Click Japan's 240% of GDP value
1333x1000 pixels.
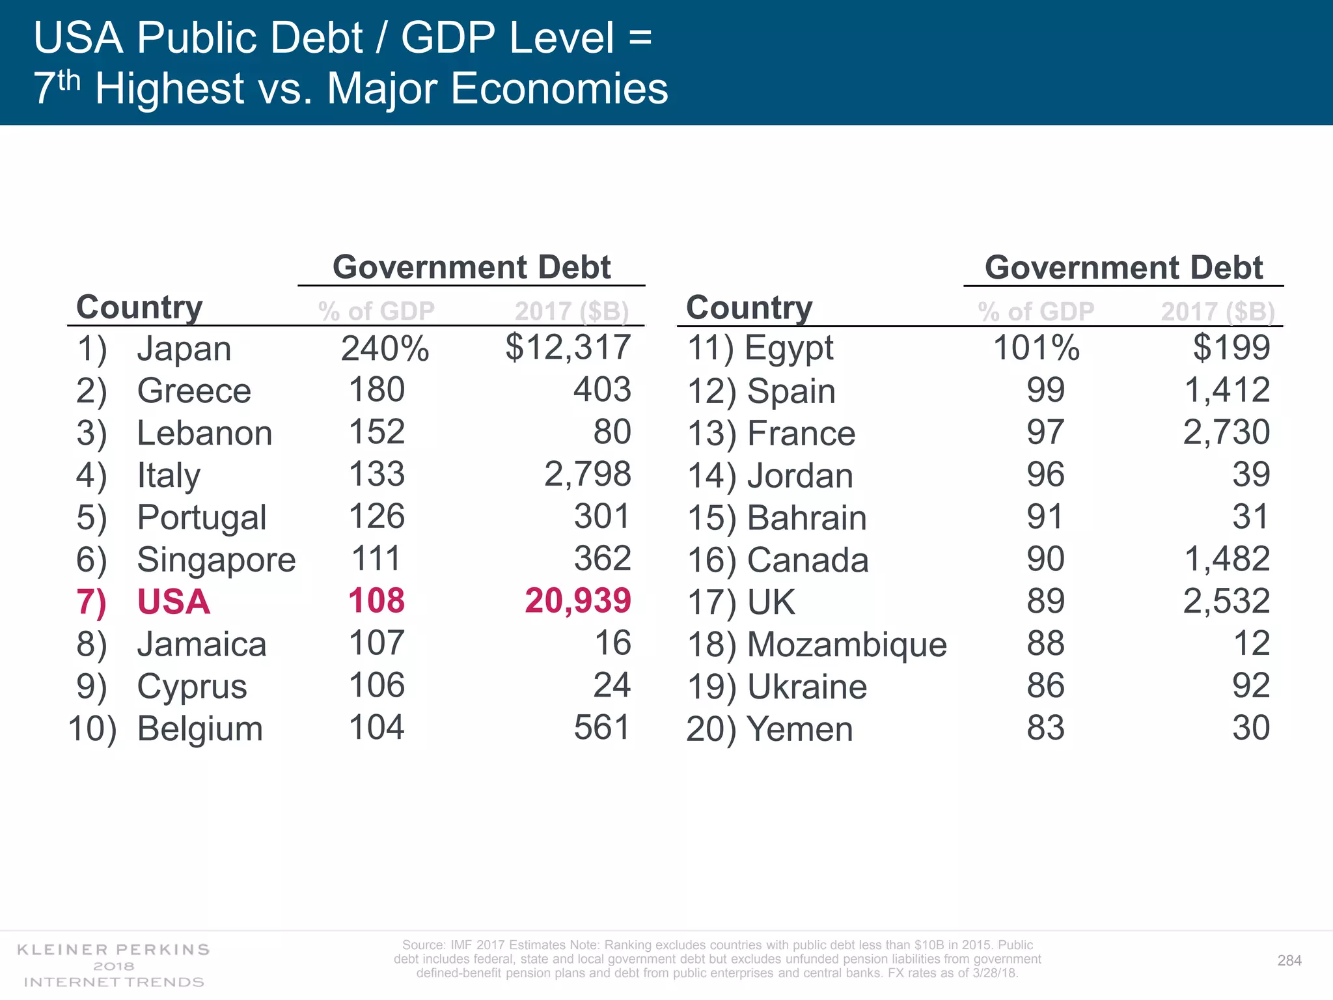(x=385, y=348)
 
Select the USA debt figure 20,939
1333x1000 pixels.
(x=578, y=600)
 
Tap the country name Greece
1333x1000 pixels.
(x=194, y=391)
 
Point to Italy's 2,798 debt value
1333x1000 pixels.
(x=587, y=474)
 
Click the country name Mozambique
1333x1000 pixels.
(x=847, y=645)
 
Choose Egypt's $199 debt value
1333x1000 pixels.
(x=1231, y=348)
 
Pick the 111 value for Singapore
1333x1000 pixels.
(x=376, y=559)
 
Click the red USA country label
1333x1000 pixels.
(x=173, y=602)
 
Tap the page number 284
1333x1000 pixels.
(x=1289, y=960)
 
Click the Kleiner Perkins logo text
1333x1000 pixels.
(x=113, y=950)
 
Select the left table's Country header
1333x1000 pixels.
(x=139, y=307)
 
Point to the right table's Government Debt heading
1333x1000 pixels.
(x=1123, y=268)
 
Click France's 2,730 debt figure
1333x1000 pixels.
(x=1226, y=432)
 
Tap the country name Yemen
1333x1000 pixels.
(x=799, y=729)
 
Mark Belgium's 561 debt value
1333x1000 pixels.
(x=602, y=727)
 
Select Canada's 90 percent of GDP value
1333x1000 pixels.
(x=1045, y=559)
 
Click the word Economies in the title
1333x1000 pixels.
(x=559, y=89)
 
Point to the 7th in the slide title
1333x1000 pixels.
(x=56, y=87)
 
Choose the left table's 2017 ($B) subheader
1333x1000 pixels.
(x=571, y=311)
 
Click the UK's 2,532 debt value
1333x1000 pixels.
(x=1226, y=601)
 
